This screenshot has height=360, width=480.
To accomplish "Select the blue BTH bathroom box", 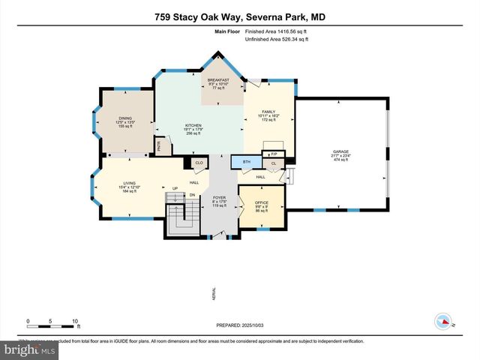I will [x=245, y=161].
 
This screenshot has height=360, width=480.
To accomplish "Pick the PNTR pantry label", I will [x=160, y=147].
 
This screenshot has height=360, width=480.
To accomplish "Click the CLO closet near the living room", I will [x=199, y=163].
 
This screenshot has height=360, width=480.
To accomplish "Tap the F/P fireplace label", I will [x=274, y=154].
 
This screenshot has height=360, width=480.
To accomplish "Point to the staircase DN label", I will [x=190, y=195].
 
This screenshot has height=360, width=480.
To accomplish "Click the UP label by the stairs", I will [x=175, y=188].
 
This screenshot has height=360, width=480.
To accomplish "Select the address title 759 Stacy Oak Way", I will [x=239, y=16].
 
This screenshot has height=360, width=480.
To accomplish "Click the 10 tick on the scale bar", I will [x=75, y=321].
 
